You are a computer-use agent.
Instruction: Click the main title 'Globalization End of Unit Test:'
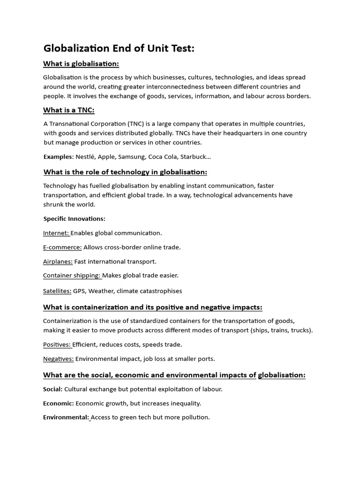[119, 48]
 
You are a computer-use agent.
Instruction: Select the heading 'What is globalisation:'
[81, 64]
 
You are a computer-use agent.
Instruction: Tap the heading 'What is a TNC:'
[69, 110]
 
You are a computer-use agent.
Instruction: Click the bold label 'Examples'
[58, 157]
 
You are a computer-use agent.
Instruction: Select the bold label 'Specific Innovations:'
[75, 218]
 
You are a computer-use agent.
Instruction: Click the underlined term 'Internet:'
[56, 233]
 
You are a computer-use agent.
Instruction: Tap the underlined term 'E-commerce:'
[62, 247]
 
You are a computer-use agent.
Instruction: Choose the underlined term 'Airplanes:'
[58, 262]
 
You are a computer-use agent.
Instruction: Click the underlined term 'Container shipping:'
[72, 276]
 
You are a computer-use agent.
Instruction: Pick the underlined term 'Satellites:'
[57, 291]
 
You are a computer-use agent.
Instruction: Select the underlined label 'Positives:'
[57, 345]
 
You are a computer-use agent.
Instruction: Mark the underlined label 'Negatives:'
[58, 359]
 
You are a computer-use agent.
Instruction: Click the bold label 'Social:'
[52, 389]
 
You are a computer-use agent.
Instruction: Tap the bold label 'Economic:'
[58, 403]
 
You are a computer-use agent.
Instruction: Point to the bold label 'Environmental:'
[66, 417]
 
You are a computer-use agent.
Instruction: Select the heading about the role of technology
[125, 172]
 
